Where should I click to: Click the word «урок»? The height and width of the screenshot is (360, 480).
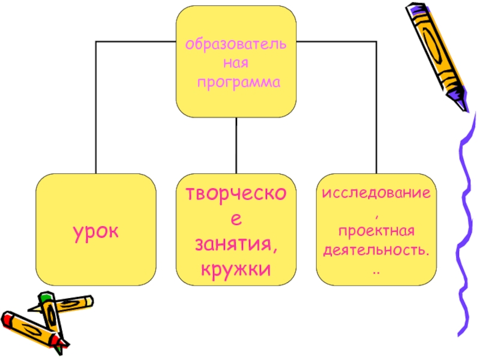pos(95,230)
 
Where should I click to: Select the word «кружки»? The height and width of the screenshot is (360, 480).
pos(236,268)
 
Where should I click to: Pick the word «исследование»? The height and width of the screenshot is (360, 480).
pos(376,194)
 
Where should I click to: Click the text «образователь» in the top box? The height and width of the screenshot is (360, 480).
pos(235,44)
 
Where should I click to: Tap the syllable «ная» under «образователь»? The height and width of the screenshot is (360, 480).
pos(236,62)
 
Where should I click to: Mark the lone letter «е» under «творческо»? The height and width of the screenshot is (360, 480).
pos(236,221)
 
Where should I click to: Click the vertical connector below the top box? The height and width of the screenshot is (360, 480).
pos(236,145)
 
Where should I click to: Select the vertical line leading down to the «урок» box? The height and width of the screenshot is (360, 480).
pos(95,108)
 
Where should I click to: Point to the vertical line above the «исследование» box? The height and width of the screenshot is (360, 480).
pos(376,108)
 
